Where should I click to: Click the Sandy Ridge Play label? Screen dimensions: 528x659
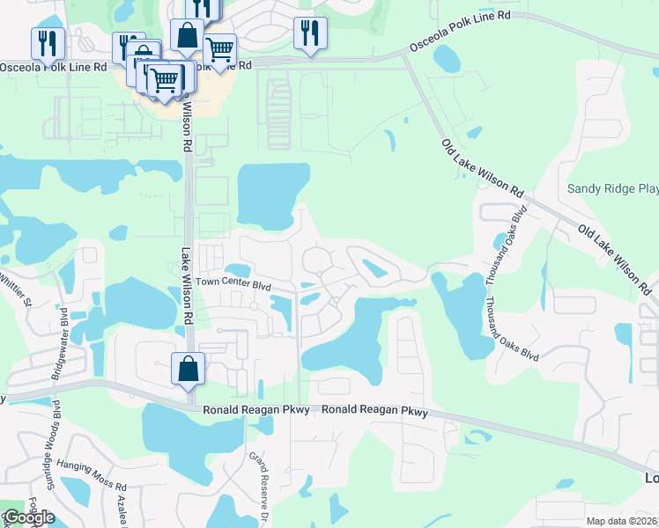coord(612,188)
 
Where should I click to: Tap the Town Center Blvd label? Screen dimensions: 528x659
coord(233,283)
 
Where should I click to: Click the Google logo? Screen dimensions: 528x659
coord(28,517)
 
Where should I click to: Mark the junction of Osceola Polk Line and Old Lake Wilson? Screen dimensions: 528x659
coord(405,55)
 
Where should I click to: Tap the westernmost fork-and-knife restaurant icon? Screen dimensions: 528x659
coord(46,43)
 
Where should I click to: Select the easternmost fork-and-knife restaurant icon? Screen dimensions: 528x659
coord(310,33)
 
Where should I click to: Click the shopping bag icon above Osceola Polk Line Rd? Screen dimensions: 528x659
coord(187,35)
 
